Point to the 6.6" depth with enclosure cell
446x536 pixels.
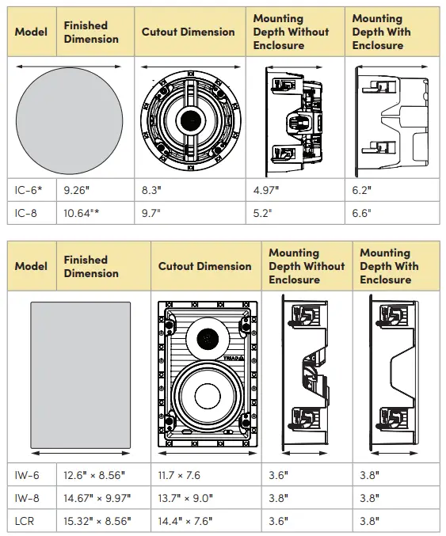(362, 213)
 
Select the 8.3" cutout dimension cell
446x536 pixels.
(151, 191)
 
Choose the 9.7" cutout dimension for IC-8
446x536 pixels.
(151, 213)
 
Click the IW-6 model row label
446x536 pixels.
(28, 475)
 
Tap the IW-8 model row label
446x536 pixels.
(28, 499)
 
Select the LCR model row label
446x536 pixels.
(25, 522)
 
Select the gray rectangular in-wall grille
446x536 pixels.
(80, 375)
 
